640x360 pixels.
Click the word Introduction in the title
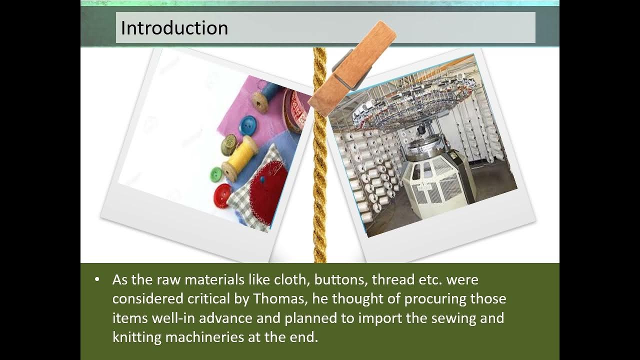174,27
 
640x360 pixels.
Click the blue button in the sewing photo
247,125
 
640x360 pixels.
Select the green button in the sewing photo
216,174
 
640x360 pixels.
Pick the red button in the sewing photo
222,195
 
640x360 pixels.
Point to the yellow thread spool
240,158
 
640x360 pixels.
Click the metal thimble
229,144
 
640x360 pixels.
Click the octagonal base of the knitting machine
435,185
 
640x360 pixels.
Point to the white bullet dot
97,279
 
